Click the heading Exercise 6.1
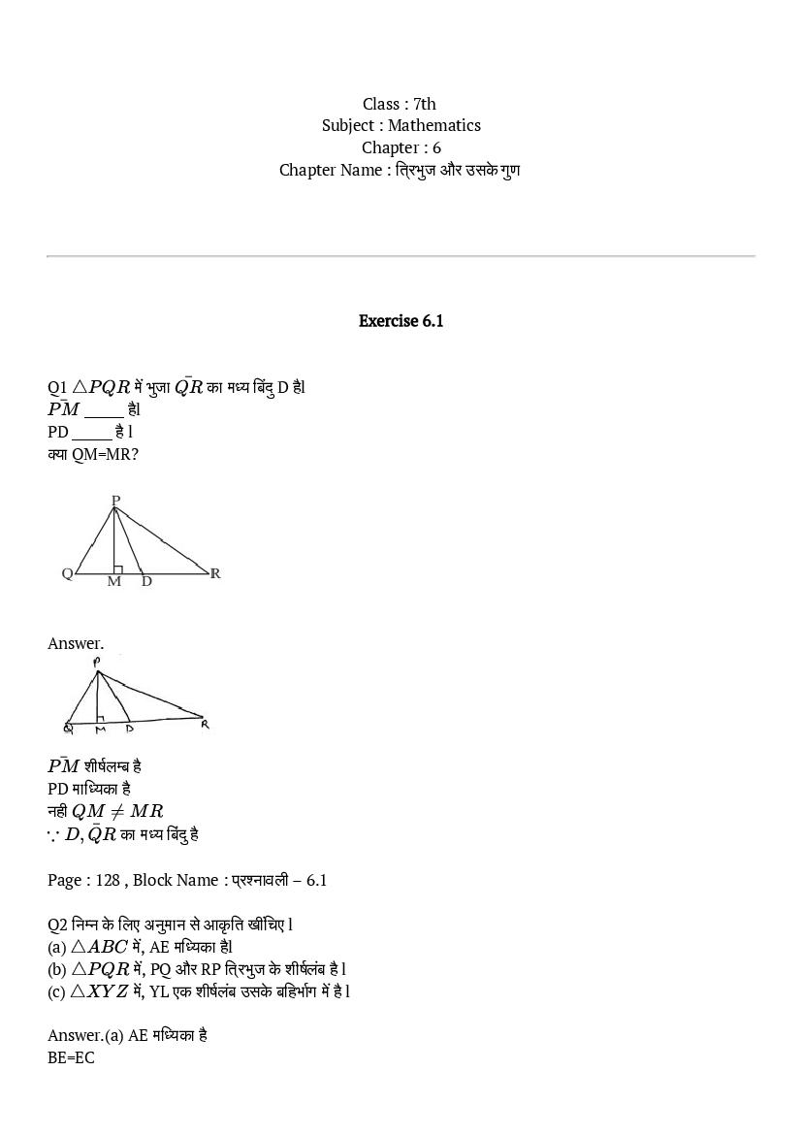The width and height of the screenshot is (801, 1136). coord(400,321)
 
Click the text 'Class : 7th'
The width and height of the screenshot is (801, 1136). coord(400,104)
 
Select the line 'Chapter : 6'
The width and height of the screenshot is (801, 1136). coord(400,147)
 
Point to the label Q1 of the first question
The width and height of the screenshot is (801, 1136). coord(57,387)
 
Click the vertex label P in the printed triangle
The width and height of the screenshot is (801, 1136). coord(115,501)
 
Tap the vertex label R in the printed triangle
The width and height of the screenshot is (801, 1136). coord(215,573)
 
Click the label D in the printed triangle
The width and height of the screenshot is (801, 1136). coord(146,582)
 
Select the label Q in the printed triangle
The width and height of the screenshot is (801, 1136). coord(67,573)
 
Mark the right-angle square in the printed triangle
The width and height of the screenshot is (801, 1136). coord(118,568)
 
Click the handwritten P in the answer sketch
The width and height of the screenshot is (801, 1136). coord(97,662)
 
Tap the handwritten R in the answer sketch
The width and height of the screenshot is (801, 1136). coord(205,724)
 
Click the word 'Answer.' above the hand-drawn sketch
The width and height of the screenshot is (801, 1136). coord(76,643)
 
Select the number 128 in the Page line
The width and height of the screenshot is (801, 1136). coord(108,880)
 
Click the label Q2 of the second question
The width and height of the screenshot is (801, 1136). coord(57,925)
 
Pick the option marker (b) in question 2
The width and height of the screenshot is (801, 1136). coord(57,969)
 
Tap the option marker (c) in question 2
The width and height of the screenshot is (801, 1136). coord(56,991)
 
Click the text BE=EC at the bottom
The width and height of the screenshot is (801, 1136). coord(71,1057)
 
